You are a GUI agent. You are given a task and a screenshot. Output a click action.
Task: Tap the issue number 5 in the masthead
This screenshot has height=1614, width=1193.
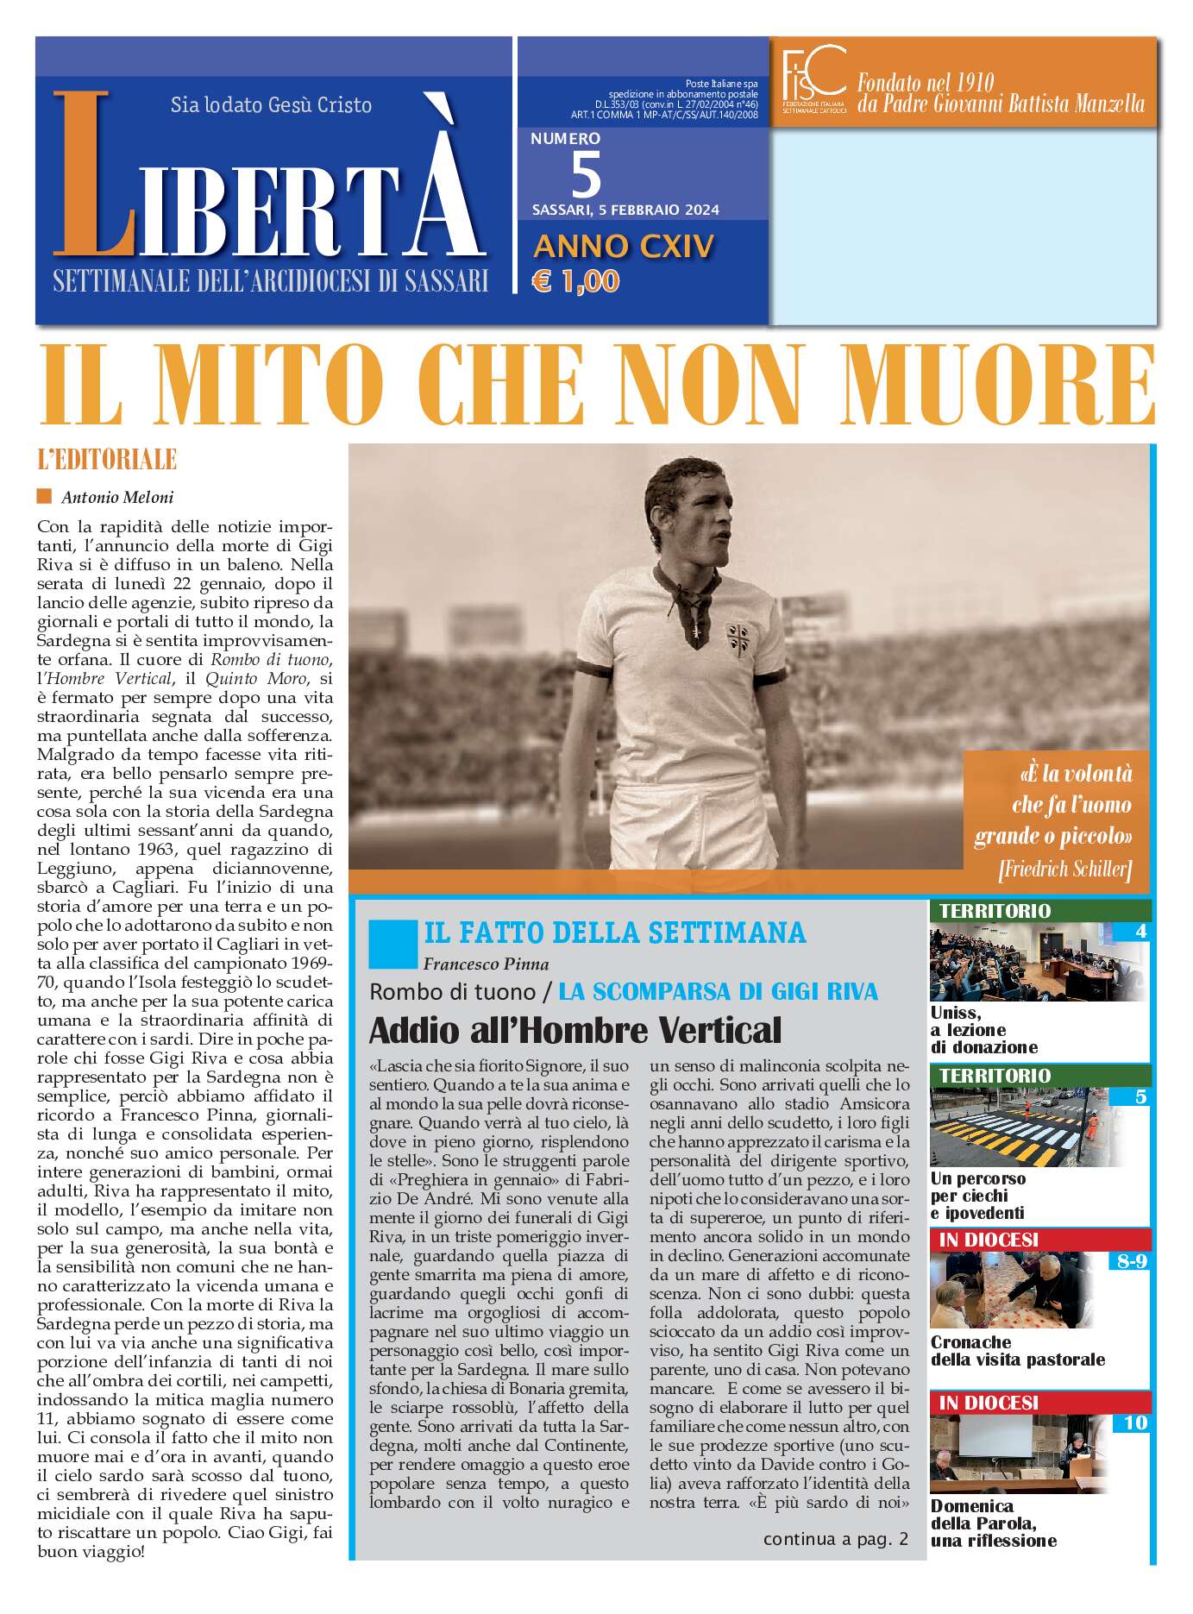587,174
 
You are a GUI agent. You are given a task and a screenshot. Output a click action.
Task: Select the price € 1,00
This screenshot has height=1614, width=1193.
575,281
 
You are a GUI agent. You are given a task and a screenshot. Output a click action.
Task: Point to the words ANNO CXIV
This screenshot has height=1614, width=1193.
624,247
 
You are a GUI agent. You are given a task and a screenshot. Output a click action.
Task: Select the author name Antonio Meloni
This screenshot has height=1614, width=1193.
117,497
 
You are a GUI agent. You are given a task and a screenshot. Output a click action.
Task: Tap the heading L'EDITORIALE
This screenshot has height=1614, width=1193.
107,459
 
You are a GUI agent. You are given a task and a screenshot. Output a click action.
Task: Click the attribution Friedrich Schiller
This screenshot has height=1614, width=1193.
1064,869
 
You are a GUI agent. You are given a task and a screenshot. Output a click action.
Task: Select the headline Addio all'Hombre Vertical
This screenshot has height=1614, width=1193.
575,1030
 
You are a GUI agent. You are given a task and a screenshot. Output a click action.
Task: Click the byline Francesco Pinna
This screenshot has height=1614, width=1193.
486,964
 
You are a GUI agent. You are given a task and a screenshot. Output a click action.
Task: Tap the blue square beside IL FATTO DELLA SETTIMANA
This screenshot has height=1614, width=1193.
392,944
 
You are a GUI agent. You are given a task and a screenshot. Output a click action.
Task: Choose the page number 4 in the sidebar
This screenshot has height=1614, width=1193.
1141,931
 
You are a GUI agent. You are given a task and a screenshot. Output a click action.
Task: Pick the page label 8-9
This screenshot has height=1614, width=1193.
1132,1261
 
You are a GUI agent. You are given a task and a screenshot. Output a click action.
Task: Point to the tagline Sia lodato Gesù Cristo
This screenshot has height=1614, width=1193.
271,105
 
